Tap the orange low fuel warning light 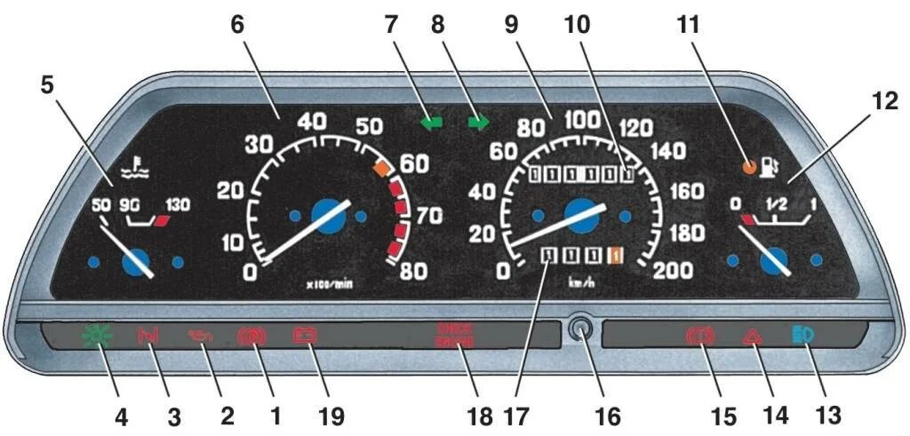750,165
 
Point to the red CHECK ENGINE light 455,336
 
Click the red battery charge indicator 305,337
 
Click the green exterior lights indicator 92,337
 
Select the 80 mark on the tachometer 411,271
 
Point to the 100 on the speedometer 583,119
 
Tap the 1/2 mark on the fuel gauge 778,203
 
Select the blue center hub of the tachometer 328,216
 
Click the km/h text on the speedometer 581,282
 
